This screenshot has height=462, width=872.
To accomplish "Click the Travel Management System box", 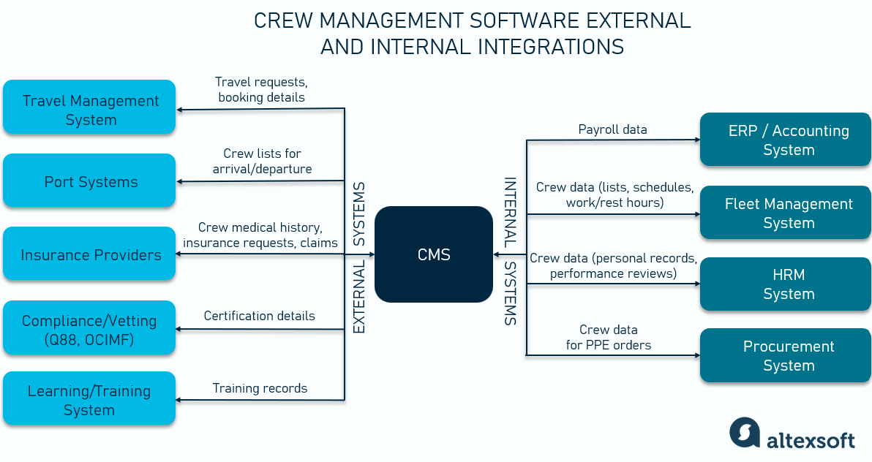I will pos(89,108).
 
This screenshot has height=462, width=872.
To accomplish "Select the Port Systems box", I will pos(89,181).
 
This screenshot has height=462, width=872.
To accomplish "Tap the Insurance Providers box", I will pos(89,254).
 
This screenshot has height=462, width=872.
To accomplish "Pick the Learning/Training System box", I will pos(89,399).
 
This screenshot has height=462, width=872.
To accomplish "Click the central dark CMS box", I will pos(434,254).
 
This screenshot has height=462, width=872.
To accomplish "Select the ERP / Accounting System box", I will pos(786,140).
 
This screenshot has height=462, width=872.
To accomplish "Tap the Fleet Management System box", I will pos(786,213).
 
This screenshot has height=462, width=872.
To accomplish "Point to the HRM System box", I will pos(786,284).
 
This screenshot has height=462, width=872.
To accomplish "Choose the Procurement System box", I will pos(786,356).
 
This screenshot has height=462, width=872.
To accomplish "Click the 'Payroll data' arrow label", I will pos(612,129).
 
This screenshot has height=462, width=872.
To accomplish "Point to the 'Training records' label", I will pos(260,388).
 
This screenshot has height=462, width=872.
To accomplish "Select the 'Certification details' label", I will pos(259,316).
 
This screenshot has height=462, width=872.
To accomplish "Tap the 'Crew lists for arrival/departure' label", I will pos(262,161).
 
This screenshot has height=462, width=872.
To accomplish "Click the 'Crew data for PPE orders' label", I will pos(608,337).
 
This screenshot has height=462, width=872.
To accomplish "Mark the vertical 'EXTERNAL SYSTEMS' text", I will pos(359,257).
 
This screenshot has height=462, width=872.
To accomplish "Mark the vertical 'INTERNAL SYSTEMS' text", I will pos(510,251).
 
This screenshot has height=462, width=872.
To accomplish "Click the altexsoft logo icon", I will pos(745,431).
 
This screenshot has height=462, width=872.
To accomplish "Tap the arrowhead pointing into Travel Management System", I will pos(180,110).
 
